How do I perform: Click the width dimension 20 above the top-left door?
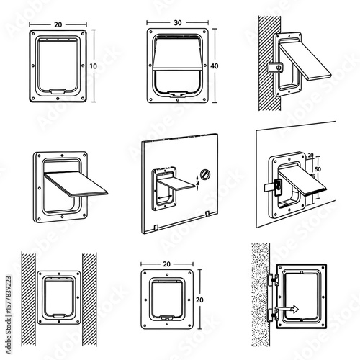(x=60, y=22)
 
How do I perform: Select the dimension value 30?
(x=178, y=22)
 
